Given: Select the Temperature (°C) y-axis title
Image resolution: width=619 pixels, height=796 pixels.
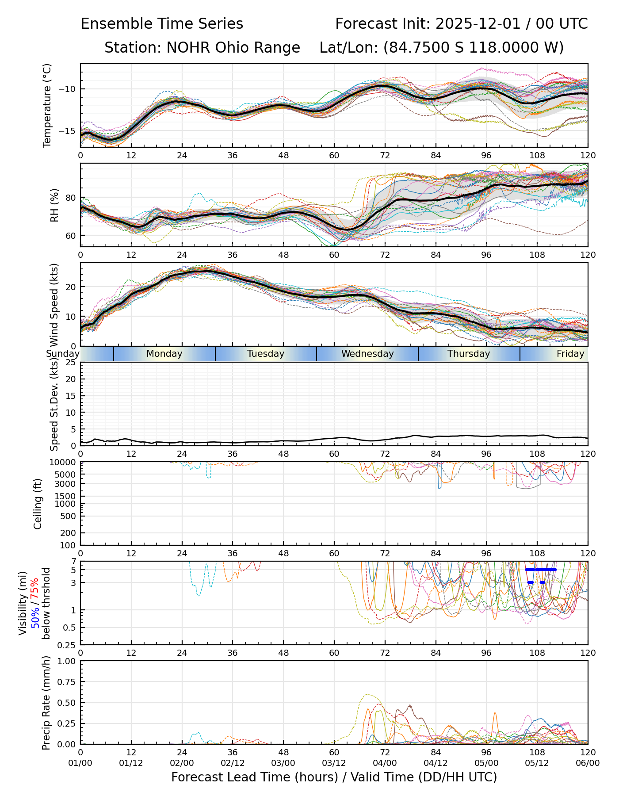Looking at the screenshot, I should click(x=47, y=105).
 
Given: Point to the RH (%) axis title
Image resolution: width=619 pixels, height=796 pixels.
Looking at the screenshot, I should click(x=54, y=205).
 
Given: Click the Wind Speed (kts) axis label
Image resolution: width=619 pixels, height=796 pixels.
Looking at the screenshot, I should click(x=54, y=305).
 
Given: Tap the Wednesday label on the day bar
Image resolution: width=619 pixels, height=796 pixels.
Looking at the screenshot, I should click(x=367, y=354).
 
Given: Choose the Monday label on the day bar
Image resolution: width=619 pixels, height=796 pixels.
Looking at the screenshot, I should click(x=164, y=354).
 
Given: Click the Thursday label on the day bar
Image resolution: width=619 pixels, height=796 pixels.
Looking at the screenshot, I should click(x=469, y=354).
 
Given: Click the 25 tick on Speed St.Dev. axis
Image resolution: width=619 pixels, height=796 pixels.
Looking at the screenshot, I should click(x=71, y=363).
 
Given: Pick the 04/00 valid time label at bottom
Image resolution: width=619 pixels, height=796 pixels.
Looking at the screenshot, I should click(x=385, y=763).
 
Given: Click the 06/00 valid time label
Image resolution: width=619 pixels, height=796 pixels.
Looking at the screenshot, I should click(x=588, y=763).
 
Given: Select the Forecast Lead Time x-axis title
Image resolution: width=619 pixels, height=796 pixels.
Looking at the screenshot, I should click(x=334, y=777).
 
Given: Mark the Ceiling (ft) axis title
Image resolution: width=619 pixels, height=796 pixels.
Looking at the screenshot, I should click(x=38, y=504).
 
